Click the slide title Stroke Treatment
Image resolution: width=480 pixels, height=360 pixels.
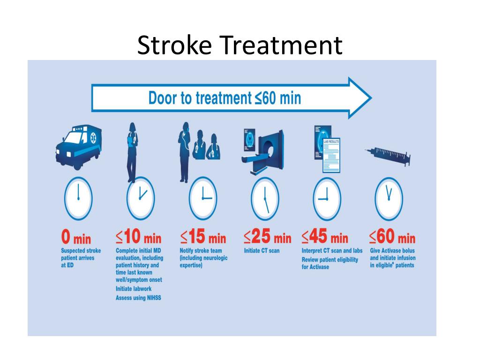click(240, 46)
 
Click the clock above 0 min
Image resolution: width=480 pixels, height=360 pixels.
click(78, 198)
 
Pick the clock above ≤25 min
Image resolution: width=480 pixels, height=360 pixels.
click(265, 198)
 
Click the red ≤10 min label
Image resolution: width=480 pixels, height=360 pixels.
click(138, 237)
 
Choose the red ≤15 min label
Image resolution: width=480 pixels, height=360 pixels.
click(203, 237)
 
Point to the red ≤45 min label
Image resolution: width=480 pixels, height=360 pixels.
click(325, 237)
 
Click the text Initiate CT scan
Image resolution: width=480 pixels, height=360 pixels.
click(262, 251)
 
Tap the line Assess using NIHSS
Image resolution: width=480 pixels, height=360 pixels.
click(138, 298)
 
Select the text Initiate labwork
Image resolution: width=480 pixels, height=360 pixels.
click(134, 289)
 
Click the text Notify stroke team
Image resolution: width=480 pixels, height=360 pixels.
click(201, 251)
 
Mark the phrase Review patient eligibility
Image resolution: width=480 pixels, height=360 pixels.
click(330, 260)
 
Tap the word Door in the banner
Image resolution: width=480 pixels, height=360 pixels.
click(161, 98)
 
